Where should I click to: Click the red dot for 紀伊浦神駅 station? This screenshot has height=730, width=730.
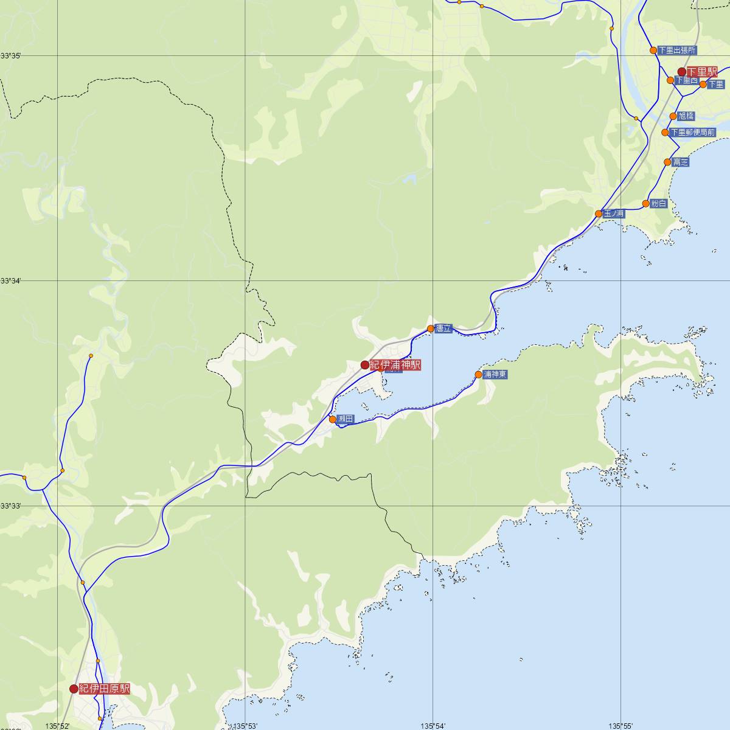364,365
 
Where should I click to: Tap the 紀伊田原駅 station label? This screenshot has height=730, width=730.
104,689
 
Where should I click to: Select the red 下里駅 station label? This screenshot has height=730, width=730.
702,72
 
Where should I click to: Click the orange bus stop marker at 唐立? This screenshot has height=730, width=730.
431,328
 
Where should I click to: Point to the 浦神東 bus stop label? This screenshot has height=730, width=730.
495,375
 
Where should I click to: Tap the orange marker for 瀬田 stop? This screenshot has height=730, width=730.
333,419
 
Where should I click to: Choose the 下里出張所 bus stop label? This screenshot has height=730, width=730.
676,50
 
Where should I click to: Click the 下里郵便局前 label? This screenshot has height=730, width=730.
692,132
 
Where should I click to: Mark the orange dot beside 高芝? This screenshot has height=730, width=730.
667,162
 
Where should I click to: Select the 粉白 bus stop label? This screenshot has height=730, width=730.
659,204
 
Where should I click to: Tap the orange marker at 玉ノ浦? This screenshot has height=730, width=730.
599,214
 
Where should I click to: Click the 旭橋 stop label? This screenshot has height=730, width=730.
686,116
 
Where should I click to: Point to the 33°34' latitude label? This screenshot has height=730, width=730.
10,280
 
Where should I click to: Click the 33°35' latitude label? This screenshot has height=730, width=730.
10,56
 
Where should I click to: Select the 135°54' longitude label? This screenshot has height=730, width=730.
433,726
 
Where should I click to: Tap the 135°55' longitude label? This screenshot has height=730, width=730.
620,726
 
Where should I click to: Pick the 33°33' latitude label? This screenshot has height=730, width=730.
10,506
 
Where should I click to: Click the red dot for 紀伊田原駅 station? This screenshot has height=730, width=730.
74,689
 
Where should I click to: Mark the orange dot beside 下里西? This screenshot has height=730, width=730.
670,80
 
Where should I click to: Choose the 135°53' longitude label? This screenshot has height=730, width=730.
246,726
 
